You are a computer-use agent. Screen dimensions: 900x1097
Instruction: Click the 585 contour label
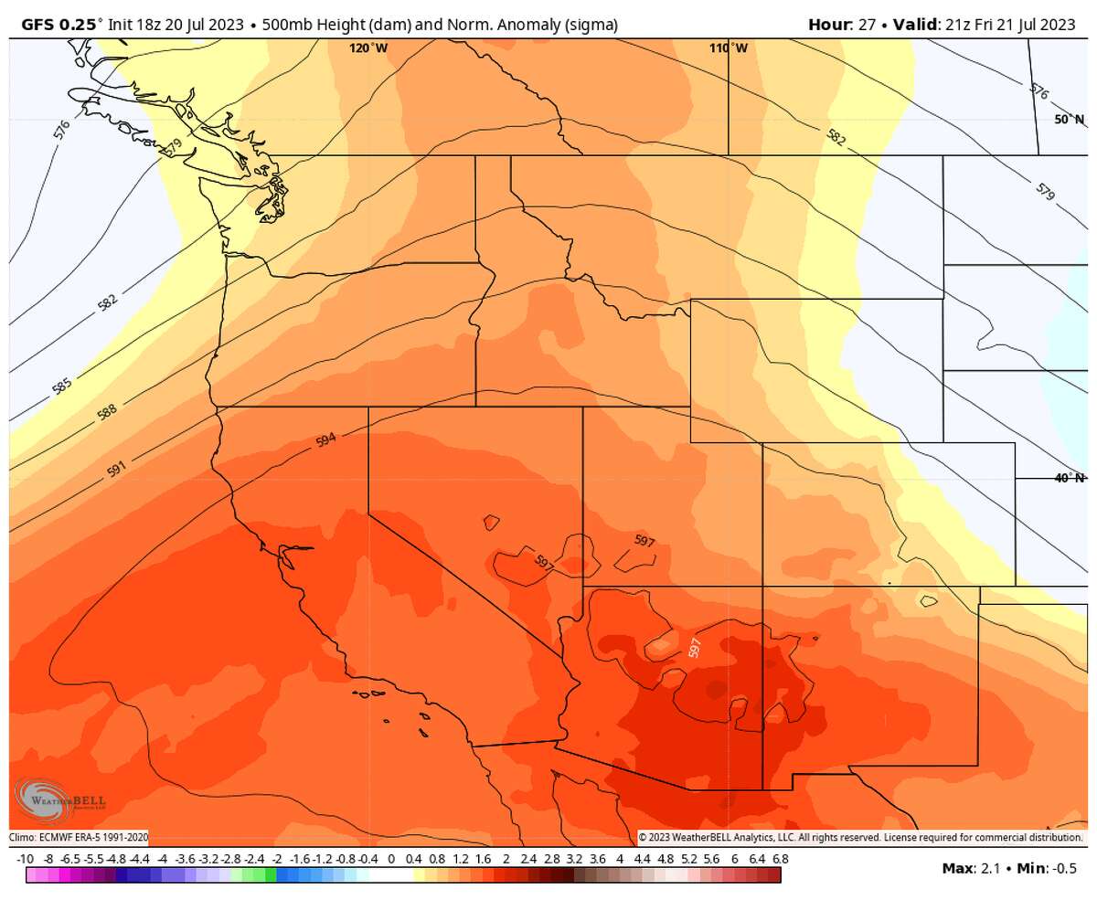(62, 386)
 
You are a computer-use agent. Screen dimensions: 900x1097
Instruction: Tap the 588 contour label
(107, 412)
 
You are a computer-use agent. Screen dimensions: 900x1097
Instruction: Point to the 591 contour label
(116, 469)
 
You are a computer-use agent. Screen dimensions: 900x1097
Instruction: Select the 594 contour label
(326, 439)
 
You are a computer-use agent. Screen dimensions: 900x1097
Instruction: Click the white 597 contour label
(696, 648)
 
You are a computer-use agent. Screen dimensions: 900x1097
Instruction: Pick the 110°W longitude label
(728, 48)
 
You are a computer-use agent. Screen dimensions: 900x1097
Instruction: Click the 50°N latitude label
(1069, 120)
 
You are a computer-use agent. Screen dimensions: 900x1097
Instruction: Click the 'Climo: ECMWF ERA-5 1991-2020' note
(79, 837)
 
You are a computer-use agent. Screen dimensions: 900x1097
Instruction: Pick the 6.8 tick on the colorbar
(779, 859)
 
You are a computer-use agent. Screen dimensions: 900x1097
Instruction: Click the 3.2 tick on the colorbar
(574, 859)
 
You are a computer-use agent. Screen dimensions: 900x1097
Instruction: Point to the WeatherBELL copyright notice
(859, 837)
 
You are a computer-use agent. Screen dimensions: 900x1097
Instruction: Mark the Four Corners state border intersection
(762, 587)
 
